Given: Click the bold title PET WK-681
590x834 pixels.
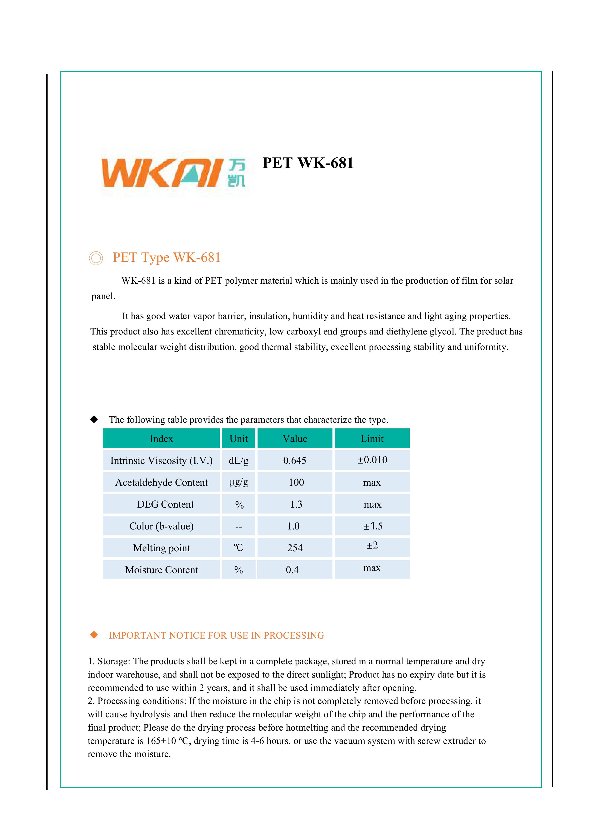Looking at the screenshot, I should (308, 163).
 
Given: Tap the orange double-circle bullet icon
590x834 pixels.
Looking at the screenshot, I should (96, 258).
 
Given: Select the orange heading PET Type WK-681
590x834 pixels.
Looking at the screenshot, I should (166, 257).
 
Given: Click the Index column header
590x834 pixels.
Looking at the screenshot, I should (161, 438).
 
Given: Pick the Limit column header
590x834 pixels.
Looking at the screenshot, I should (372, 438).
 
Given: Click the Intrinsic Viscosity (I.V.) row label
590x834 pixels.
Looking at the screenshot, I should (161, 461).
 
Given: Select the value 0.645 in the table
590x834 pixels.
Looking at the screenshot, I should (295, 461).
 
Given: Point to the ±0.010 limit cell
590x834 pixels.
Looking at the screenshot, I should (372, 460).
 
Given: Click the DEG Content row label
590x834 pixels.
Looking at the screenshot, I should (165, 504).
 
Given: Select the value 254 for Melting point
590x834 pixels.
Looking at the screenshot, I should (295, 548).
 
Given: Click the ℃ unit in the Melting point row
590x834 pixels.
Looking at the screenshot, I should (238, 548).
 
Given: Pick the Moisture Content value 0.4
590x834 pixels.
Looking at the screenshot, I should (292, 570).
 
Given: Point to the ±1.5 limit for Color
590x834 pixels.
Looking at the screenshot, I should (373, 526).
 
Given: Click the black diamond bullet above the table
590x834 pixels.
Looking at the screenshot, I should (94, 419).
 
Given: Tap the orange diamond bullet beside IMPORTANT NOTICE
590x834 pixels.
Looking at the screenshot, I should (94, 635).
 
